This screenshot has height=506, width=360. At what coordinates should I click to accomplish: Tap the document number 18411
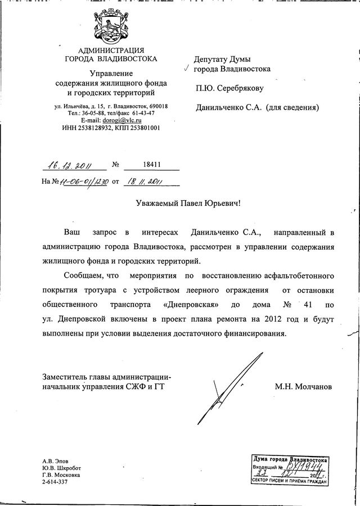[x=151, y=165]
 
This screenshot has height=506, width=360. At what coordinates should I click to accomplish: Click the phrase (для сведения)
[x=292, y=107]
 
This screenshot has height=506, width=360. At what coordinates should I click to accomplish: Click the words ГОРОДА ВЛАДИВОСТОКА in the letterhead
[x=111, y=58]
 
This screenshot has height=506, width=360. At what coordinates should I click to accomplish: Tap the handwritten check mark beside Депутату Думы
[x=186, y=68]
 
